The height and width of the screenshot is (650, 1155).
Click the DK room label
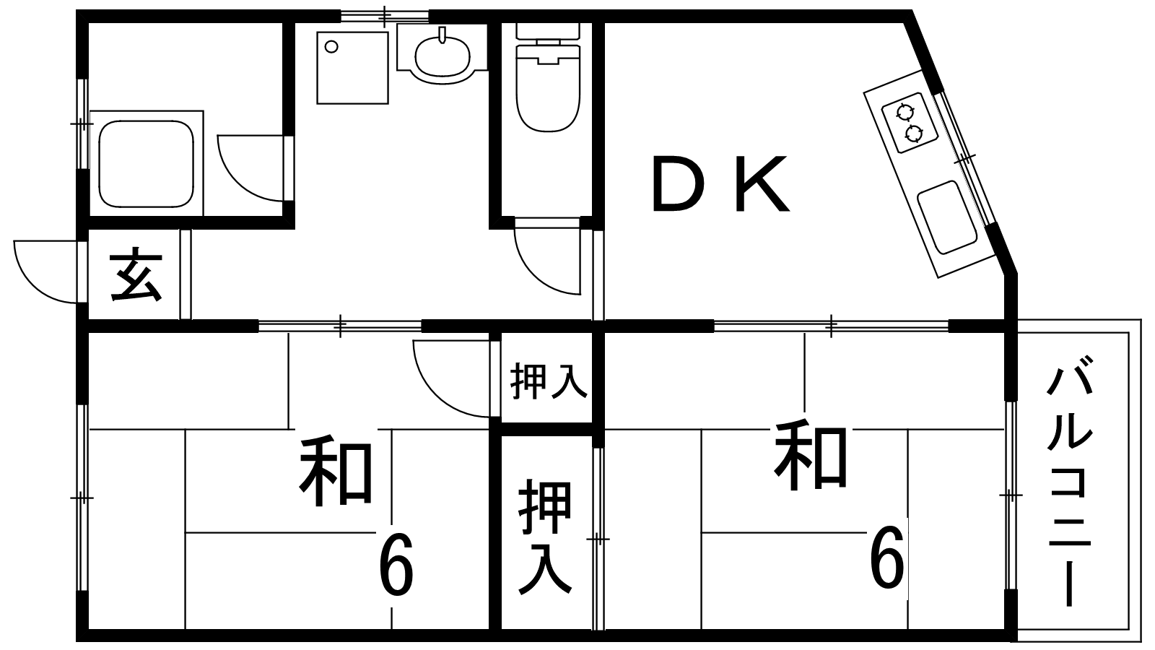pyautogui.click(x=721, y=184)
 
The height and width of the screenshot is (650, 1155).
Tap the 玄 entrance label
pyautogui.click(x=136, y=274)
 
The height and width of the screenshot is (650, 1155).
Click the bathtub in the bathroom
pyautogui.click(x=147, y=162)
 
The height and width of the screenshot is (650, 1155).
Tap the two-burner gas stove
pyautogui.click(x=910, y=122)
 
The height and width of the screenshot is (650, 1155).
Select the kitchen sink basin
pyautogui.click(x=947, y=217)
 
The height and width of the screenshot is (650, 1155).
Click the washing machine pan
pyautogui.click(x=352, y=68)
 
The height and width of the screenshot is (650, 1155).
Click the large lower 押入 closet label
pyautogui.click(x=546, y=537)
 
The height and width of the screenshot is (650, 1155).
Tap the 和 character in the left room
pyautogui.click(x=336, y=471)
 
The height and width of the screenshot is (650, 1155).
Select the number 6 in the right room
pyautogui.click(x=887, y=557)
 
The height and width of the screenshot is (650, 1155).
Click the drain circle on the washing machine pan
pyautogui.click(x=332, y=47)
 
